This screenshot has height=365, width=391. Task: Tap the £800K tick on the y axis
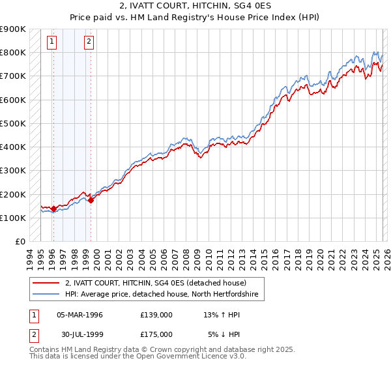click(x=12, y=52)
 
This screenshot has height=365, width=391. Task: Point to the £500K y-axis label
click(x=12, y=123)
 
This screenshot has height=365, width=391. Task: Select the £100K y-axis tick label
click(x=12, y=218)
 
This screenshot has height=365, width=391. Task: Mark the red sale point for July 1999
click(x=91, y=200)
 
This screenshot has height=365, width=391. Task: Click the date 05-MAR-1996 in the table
click(x=80, y=315)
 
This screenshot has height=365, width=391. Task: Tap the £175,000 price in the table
click(x=156, y=334)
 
